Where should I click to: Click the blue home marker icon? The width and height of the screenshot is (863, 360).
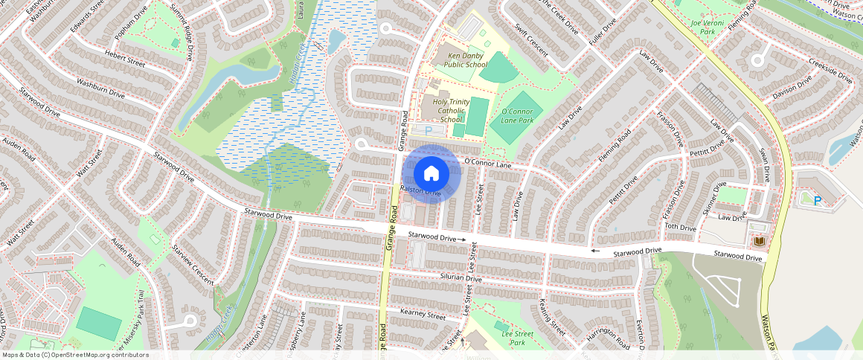431,173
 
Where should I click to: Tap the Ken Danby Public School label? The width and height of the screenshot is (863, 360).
466,60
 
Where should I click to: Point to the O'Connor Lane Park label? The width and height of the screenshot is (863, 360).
518,115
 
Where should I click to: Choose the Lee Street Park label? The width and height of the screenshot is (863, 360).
518,338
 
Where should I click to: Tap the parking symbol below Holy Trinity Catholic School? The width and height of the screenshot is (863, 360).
428,131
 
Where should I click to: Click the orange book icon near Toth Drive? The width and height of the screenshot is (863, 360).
760,242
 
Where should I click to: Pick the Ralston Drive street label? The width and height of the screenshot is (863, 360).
420,191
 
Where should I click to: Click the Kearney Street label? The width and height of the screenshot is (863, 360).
422,315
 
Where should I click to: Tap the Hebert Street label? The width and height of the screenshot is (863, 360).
104,60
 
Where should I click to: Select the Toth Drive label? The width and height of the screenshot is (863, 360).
679,227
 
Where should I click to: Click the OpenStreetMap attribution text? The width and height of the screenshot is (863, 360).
75,355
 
